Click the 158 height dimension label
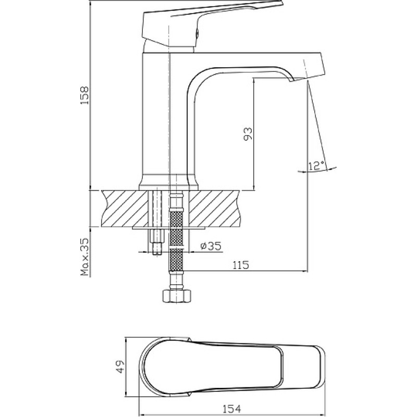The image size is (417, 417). pos(85,95)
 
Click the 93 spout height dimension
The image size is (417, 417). pos(248,134)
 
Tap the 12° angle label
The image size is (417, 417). pos(316,166)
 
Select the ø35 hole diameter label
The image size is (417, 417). pos(211,246)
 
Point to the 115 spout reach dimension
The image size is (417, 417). pos(241,265)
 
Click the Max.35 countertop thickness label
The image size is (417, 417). pos(85,256)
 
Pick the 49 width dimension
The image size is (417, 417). pos(120,367)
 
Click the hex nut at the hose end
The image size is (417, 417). pos(177,296)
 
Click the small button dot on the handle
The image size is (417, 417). pos(197,33)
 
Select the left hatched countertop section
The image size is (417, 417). pos(125,208)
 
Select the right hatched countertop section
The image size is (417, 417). pos(215,208)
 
